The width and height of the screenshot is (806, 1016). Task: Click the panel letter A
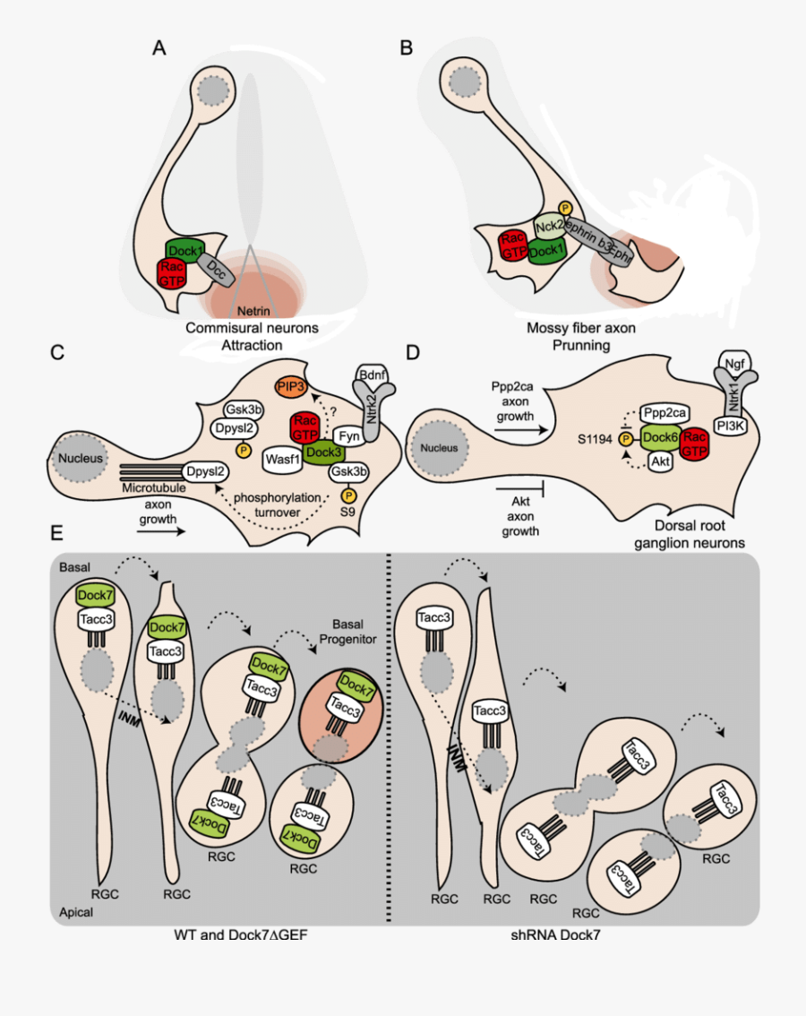click(159, 48)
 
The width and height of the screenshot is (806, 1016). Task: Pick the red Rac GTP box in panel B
click(513, 245)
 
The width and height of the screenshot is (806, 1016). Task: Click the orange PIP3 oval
click(292, 386)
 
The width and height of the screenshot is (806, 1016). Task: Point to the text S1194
click(596, 438)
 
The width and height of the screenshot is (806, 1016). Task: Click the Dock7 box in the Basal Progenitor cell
click(356, 688)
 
